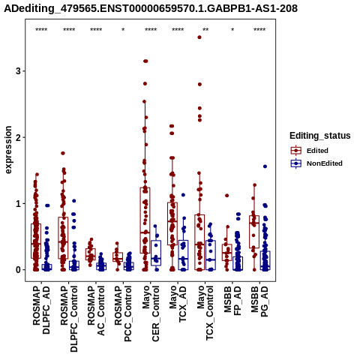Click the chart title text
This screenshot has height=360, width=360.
(x=151, y=8)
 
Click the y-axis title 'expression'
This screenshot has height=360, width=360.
(x=8, y=150)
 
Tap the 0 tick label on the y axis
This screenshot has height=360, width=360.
(x=18, y=270)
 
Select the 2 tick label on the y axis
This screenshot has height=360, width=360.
(x=18, y=137)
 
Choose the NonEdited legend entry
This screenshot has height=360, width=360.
(x=316, y=163)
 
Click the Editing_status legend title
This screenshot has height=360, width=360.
(x=320, y=136)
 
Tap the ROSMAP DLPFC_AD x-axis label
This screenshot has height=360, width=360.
(x=41, y=310)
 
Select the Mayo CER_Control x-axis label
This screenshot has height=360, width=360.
(x=151, y=314)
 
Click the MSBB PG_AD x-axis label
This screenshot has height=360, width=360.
(x=259, y=301)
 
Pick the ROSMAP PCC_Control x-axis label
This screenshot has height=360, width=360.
(x=123, y=314)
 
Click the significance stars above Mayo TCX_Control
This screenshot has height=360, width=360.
(x=205, y=29)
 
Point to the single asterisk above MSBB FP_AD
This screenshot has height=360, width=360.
(x=232, y=29)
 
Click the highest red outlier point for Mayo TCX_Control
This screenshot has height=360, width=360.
(x=199, y=37)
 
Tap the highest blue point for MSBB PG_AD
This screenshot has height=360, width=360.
(x=265, y=166)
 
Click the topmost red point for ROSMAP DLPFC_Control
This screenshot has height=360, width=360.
(x=63, y=153)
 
